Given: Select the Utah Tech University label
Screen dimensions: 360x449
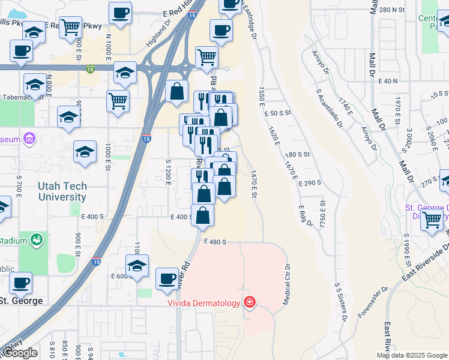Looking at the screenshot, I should point(62,191).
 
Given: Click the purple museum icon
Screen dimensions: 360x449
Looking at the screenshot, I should point(31,140).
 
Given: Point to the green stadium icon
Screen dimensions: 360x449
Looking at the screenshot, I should point(37,240).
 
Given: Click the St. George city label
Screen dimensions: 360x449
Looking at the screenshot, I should point(21,301).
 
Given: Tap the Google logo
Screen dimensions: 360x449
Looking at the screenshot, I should point(19,353).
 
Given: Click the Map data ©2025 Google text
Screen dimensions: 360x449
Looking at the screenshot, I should point(412,355).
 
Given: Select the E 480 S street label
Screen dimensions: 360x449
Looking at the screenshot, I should point(214,242).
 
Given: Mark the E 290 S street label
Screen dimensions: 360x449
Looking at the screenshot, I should point(310,182).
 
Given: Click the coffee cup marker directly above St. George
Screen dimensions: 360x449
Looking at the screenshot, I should point(21,282).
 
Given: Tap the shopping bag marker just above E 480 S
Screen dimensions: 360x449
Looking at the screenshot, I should point(203,215).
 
